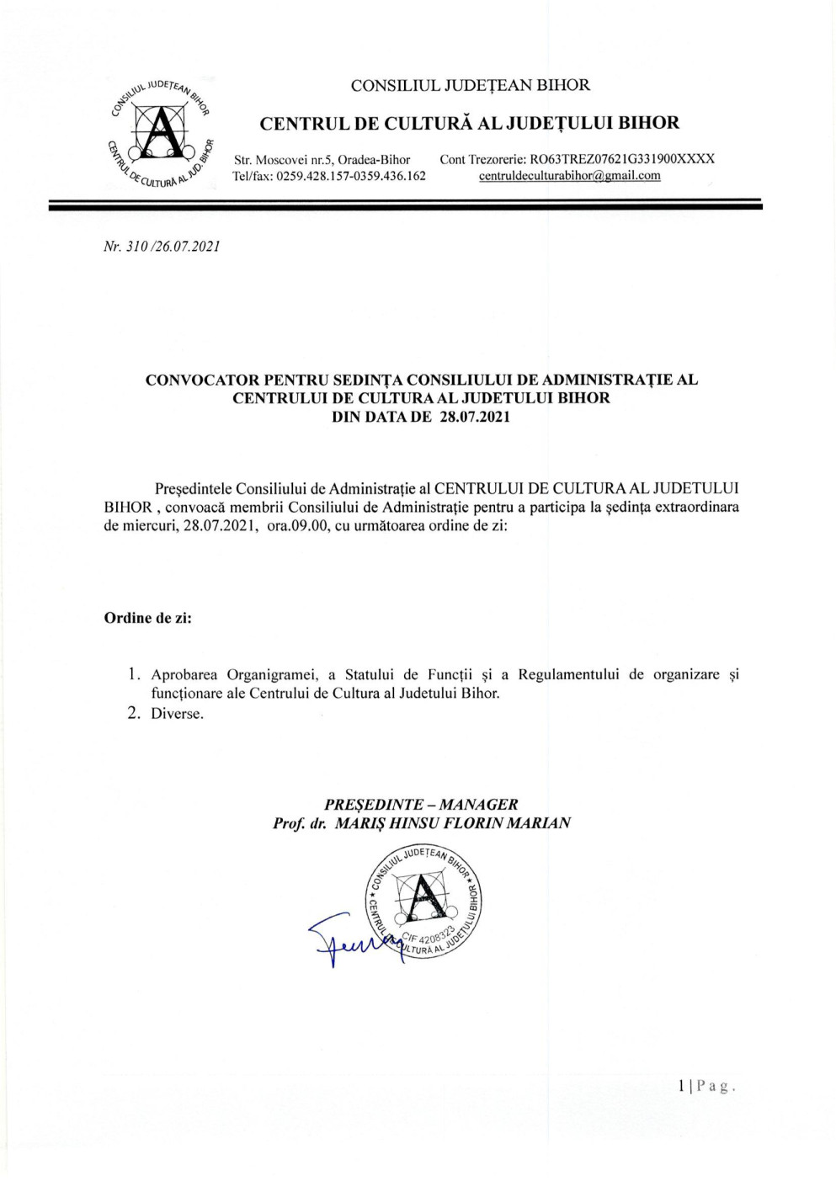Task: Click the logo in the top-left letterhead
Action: [x=160, y=135]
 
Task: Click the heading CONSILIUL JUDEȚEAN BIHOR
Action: [x=470, y=85]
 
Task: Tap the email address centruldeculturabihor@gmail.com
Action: [x=569, y=176]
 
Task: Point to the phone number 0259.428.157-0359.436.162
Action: [x=350, y=176]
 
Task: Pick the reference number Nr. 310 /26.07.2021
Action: [x=162, y=247]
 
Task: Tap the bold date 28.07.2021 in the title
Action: [x=475, y=417]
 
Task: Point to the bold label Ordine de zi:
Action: [x=147, y=618]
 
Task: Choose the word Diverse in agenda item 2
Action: [x=177, y=714]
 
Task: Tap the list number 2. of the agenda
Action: [x=133, y=714]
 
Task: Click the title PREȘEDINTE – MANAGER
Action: [x=421, y=805]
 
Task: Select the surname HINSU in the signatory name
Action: [x=409, y=823]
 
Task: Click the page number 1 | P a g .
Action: [x=707, y=1086]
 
